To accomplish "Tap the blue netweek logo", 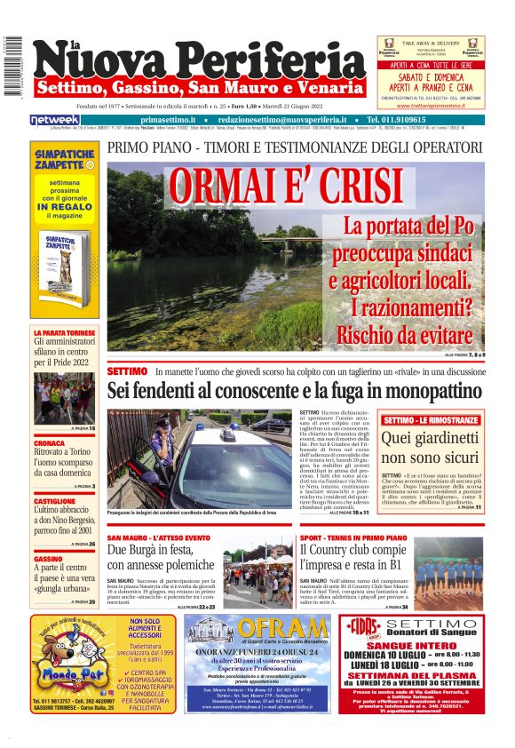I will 55,119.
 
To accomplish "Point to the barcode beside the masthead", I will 12,67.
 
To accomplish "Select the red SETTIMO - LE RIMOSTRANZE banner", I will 431,418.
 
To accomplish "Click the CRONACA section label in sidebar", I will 49,442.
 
